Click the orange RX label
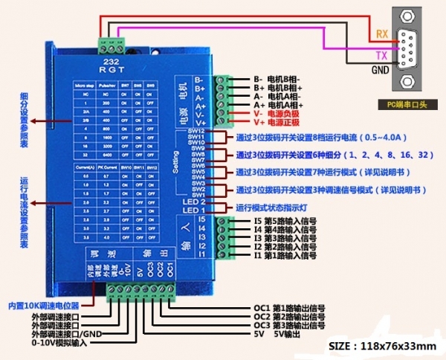[381, 33]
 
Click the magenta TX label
[381, 56]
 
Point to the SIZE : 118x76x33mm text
[381, 347]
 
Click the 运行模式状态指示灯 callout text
[279, 206]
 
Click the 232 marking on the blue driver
[111, 62]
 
